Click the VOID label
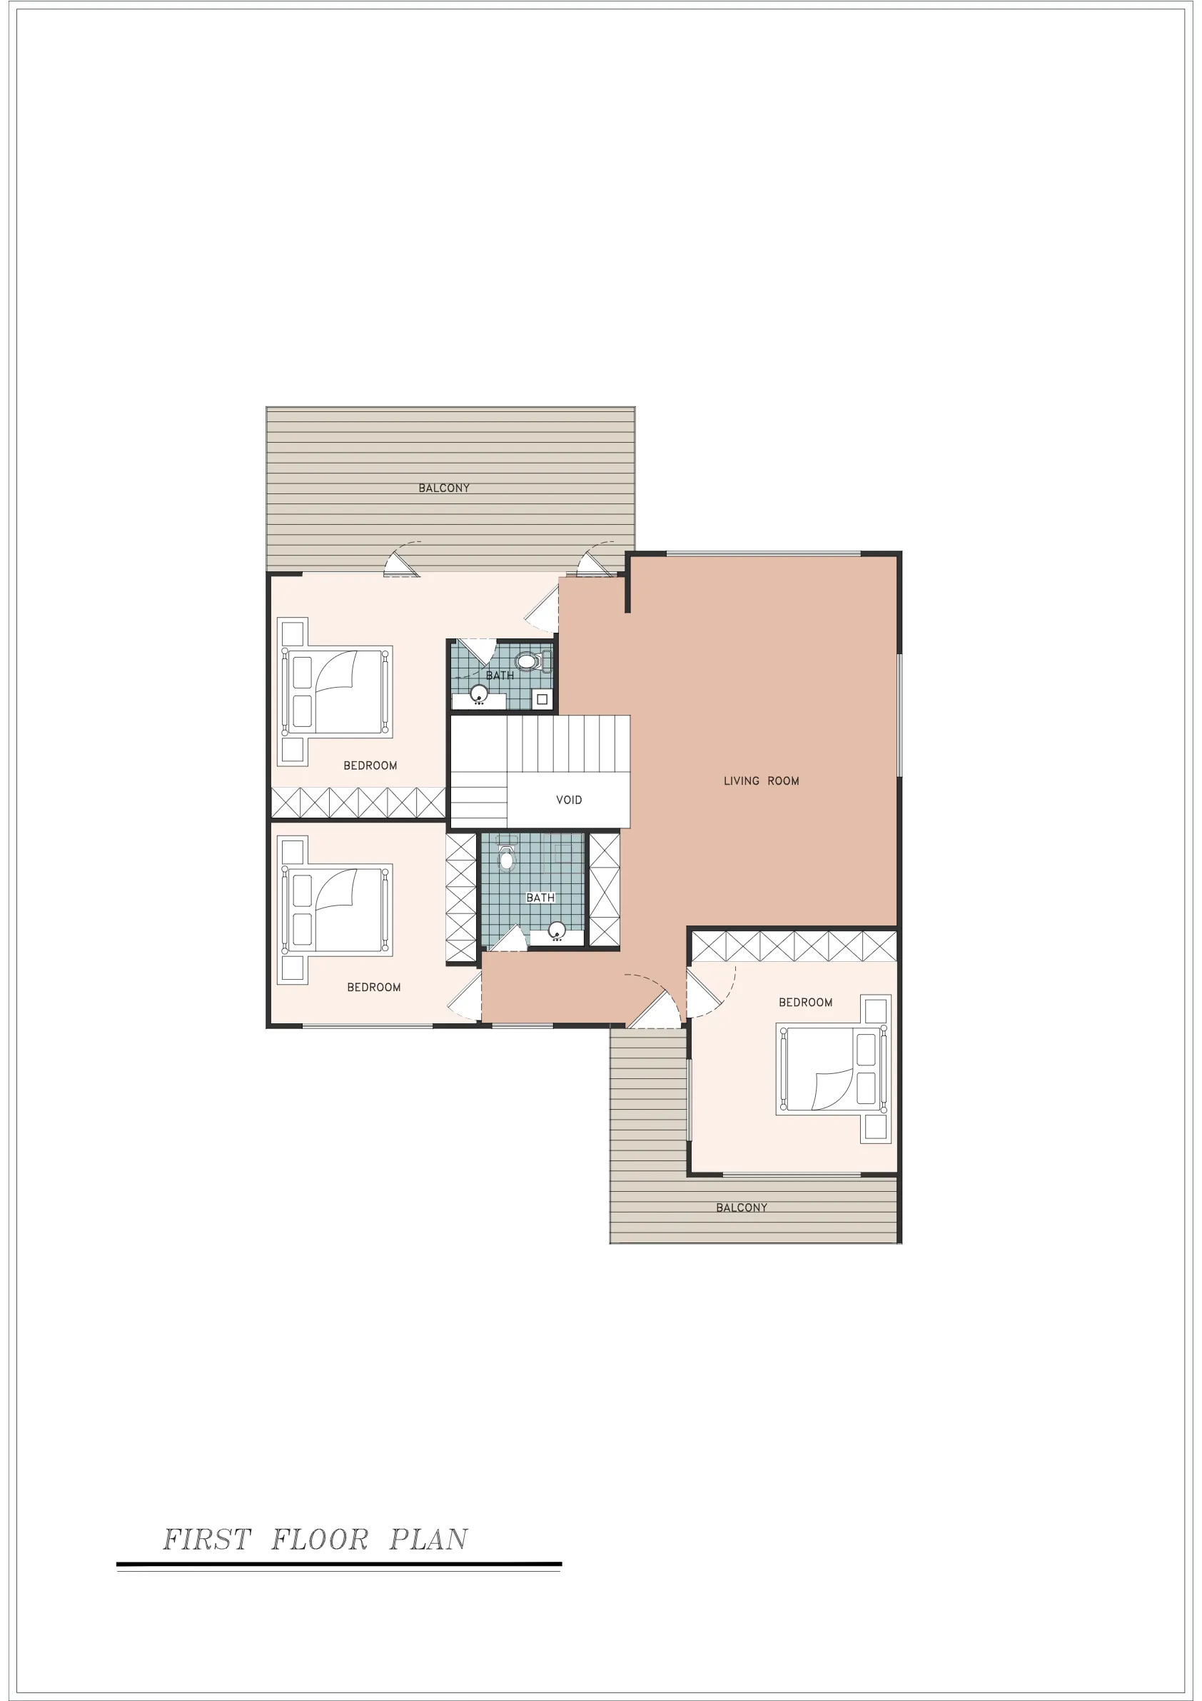coord(569,800)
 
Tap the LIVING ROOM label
coord(762,781)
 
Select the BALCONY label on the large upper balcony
coord(444,488)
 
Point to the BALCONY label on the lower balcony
coord(742,1208)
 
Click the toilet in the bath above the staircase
coord(533,661)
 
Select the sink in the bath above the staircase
coord(479,694)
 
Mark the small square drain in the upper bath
coord(542,699)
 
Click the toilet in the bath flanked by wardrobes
coord(507,855)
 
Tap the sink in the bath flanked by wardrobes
coord(557,930)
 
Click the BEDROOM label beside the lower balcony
coord(805,1003)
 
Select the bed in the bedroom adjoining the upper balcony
coord(335,691)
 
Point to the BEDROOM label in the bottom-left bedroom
coord(373,988)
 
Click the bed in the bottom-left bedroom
coord(335,910)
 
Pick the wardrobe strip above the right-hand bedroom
coord(794,947)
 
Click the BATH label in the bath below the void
coord(540,898)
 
